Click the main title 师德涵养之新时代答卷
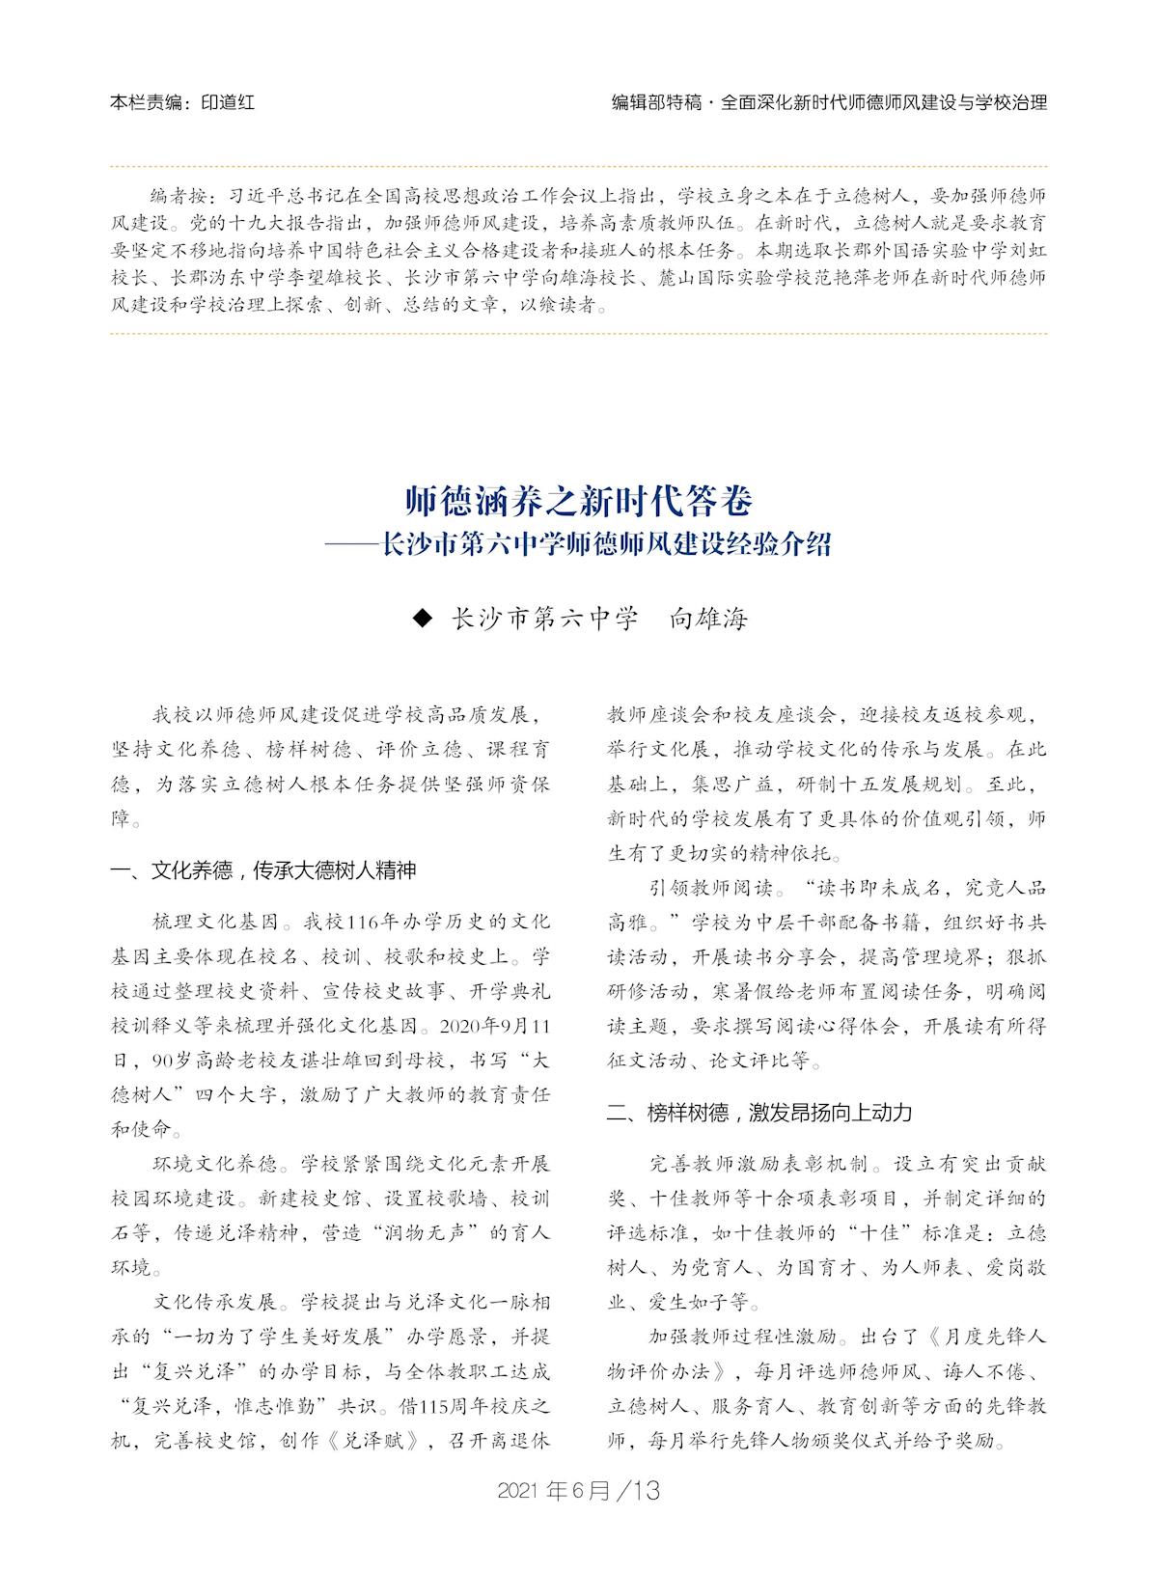[x=578, y=501]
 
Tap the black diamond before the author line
[x=420, y=619]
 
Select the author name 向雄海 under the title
[x=709, y=619]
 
